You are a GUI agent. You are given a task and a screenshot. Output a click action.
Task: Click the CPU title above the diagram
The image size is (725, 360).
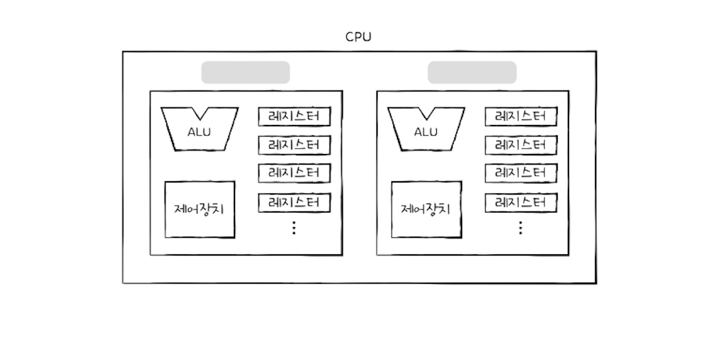coord(358,37)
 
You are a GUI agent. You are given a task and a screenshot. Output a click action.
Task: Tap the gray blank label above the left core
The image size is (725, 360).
coord(245,72)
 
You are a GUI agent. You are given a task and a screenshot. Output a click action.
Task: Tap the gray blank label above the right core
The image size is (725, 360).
coord(472,72)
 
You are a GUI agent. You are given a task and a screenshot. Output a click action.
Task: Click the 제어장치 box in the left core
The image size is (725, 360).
coord(199,210)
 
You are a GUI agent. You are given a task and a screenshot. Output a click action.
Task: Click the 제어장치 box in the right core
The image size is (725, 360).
coord(426,210)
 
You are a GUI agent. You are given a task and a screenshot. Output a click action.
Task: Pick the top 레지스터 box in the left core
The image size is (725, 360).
coord(294,117)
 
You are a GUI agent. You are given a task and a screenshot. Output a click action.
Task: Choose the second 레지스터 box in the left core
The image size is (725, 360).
coord(294,145)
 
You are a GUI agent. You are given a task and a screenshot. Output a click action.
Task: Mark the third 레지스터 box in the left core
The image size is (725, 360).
coord(294,173)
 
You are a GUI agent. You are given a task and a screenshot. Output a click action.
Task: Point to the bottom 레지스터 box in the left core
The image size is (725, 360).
coord(294,202)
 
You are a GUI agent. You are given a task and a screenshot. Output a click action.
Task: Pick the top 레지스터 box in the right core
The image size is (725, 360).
coord(521,117)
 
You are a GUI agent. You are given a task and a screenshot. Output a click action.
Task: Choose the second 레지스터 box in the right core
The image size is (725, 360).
coord(521,145)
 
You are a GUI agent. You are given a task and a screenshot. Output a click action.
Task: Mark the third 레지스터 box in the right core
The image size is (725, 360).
coord(521,173)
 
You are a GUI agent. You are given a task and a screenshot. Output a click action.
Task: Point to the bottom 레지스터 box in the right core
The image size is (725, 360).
coord(521,202)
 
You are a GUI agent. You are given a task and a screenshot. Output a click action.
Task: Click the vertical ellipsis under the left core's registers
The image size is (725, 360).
coord(294,228)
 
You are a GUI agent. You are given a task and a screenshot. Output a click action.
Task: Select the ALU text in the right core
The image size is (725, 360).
coord(426,132)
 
